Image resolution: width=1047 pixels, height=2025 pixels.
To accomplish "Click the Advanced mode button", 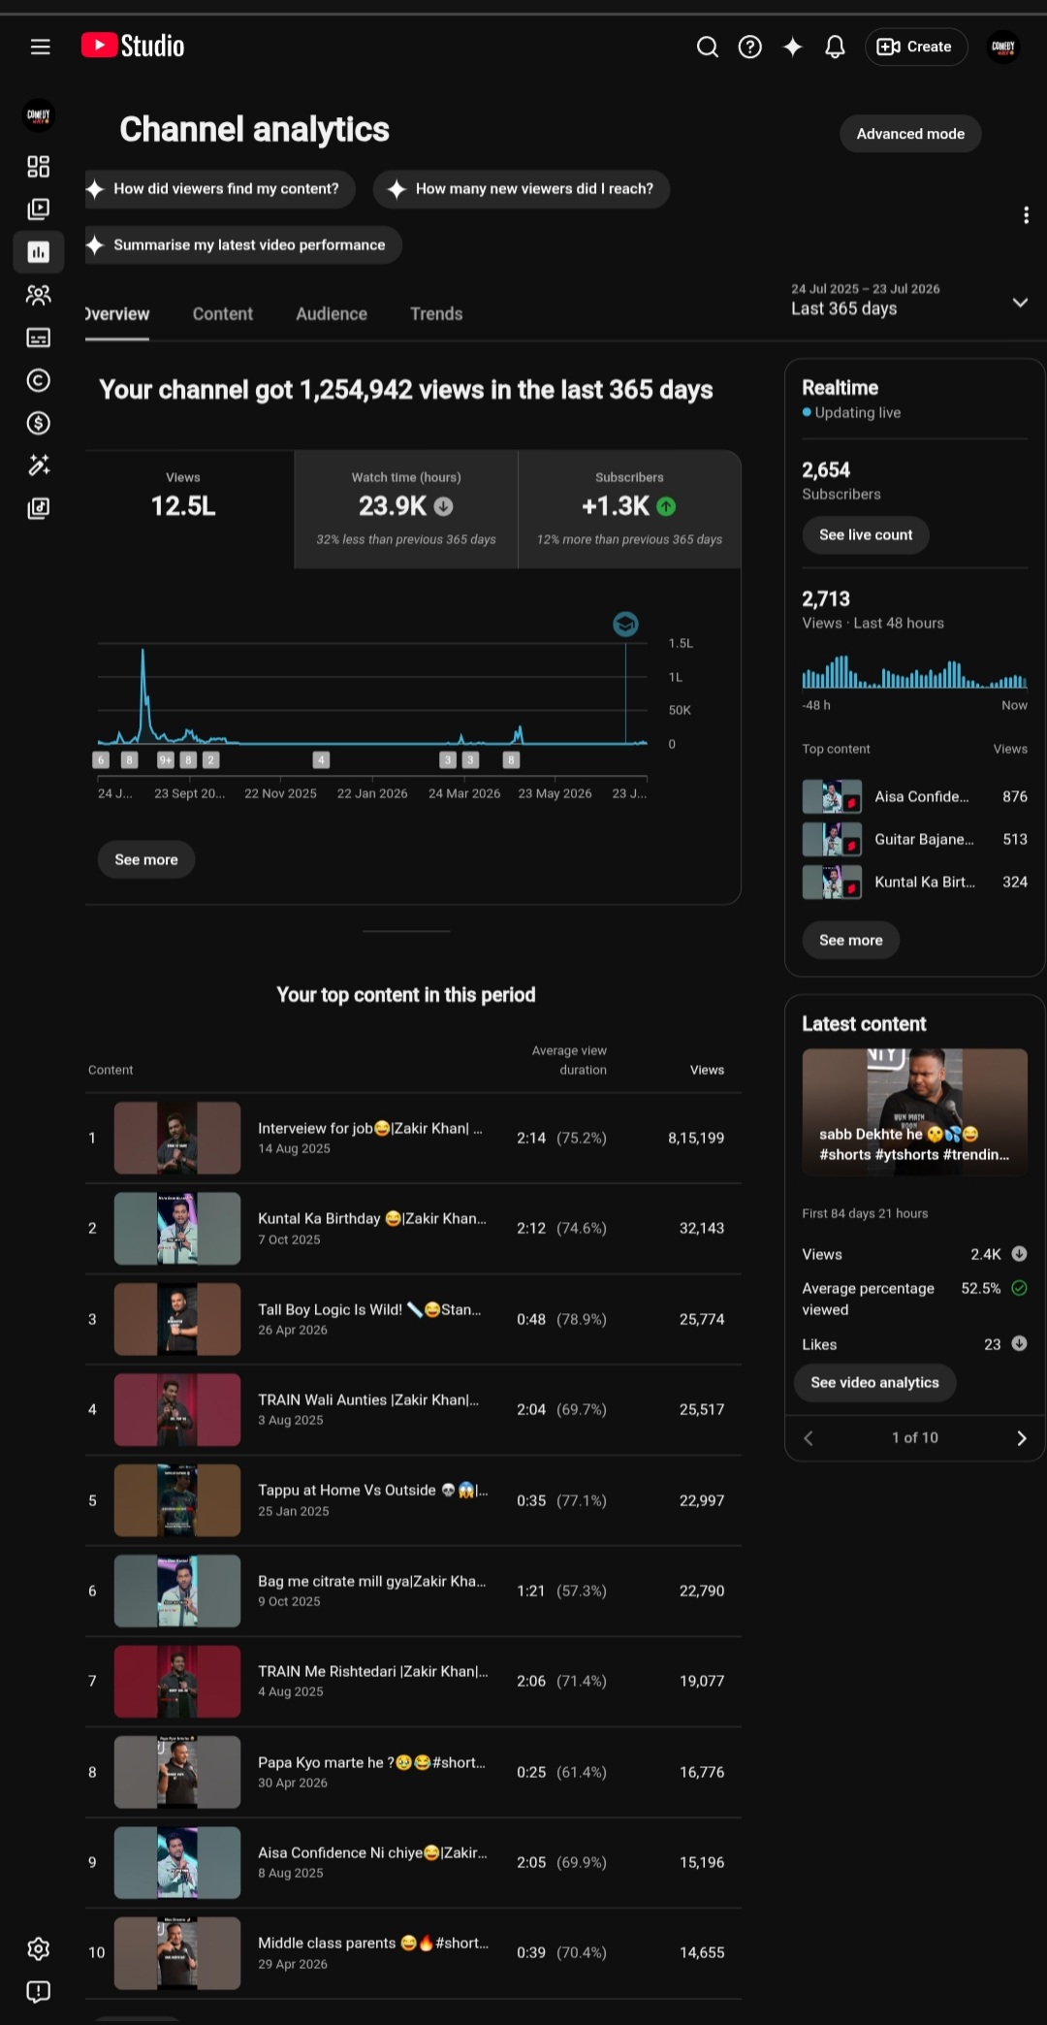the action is click(x=910, y=134).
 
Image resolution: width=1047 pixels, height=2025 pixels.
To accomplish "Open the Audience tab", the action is click(x=332, y=314).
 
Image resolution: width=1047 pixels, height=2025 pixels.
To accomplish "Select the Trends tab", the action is click(x=436, y=314).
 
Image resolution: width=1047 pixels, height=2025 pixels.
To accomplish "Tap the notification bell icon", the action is click(x=835, y=47).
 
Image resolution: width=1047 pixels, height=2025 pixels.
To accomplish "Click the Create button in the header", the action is click(x=915, y=47).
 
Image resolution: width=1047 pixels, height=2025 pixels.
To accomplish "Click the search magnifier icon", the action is click(x=708, y=47).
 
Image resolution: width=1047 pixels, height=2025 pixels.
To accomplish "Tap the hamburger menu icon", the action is click(x=40, y=47).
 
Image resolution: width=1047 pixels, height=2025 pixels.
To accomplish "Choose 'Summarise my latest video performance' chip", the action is click(x=243, y=244).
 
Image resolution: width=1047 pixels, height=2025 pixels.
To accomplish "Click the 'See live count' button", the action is click(x=866, y=534).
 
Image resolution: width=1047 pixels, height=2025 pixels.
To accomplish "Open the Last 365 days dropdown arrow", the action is click(x=1020, y=302).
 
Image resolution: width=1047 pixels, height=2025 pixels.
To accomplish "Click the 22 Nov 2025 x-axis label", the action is click(x=280, y=793).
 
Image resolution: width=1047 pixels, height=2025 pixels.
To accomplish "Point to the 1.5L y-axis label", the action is click(x=681, y=643).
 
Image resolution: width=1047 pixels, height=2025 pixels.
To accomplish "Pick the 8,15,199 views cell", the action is click(x=696, y=1138).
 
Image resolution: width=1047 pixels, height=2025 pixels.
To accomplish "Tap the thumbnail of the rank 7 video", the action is click(x=177, y=1682).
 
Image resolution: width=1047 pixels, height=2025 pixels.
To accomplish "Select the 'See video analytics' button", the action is click(x=874, y=1382).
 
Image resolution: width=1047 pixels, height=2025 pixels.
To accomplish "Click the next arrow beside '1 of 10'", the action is click(x=1021, y=1438).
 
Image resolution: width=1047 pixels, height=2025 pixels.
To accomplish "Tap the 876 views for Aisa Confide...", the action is click(x=1014, y=796).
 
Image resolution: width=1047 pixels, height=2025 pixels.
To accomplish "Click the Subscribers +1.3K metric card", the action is click(x=629, y=508).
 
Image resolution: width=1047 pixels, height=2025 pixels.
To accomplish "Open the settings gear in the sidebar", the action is click(x=39, y=1948).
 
